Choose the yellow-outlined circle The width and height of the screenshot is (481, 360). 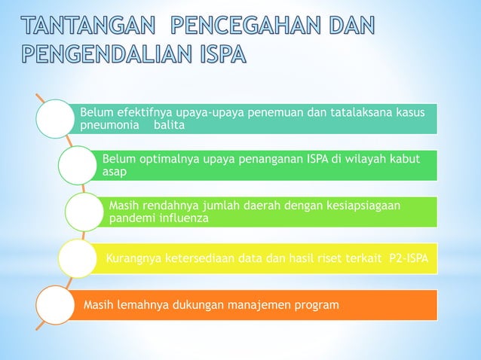tap(78, 258)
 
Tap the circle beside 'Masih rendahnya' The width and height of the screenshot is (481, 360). tap(85, 212)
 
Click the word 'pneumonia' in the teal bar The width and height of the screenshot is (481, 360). tap(110, 126)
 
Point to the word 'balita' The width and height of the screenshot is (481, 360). tap(169, 126)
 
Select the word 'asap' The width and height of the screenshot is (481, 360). tap(115, 172)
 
